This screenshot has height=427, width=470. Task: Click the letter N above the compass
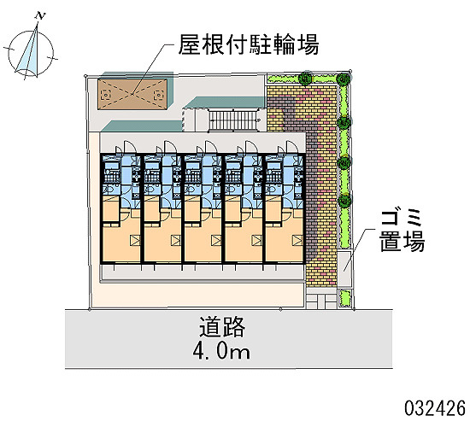pyautogui.click(x=40, y=16)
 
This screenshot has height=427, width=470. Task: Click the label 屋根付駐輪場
pyautogui.click(x=249, y=45)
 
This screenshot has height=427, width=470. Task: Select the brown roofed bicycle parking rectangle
pyautogui.click(x=132, y=94)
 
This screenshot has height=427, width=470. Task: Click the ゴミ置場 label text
pyautogui.click(x=402, y=231)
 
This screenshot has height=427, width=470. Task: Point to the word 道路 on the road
pyautogui.click(x=222, y=326)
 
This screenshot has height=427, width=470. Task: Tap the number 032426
pyautogui.click(x=435, y=408)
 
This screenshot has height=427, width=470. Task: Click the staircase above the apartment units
pyautogui.click(x=234, y=120)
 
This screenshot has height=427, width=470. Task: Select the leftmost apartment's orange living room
pyautogui.click(x=121, y=241)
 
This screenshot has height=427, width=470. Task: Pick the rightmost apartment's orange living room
pyautogui.click(x=285, y=241)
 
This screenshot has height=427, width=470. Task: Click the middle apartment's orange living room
pyautogui.click(x=203, y=241)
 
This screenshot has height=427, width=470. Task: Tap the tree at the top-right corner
pyautogui.click(x=344, y=79)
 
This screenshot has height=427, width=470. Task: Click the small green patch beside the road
pyautogui.click(x=344, y=297)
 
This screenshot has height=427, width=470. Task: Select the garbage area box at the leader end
pyautogui.click(x=344, y=268)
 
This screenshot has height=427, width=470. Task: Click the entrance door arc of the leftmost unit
pyautogui.click(x=130, y=147)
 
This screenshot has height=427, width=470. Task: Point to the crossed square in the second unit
pyautogui.click(x=176, y=240)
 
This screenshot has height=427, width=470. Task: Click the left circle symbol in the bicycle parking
pyautogui.click(x=106, y=96)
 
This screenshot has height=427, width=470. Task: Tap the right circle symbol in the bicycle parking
pyautogui.click(x=158, y=96)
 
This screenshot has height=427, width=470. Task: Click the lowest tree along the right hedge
pyautogui.click(x=344, y=200)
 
